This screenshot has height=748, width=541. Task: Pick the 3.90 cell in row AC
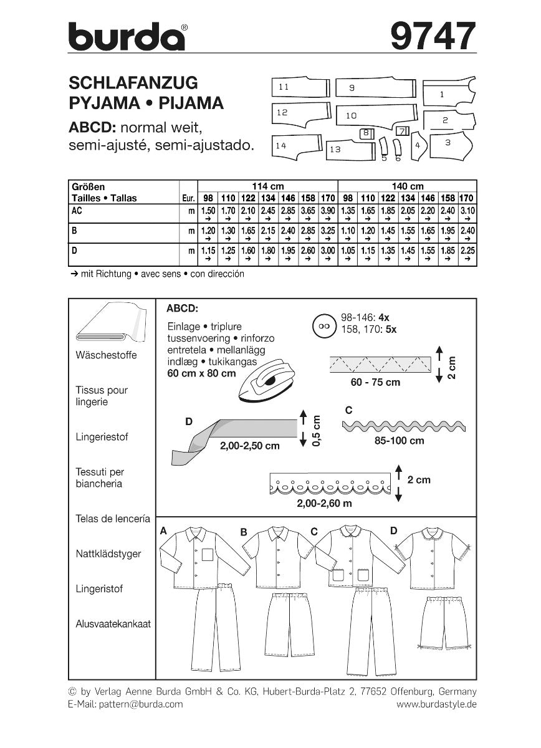(328, 211)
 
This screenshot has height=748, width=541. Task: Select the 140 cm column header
(407, 186)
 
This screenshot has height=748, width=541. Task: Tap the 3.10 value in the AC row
(467, 211)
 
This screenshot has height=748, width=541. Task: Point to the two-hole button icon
(322, 325)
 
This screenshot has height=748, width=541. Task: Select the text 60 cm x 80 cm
(202, 373)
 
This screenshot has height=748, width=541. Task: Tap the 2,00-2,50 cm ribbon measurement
(249, 446)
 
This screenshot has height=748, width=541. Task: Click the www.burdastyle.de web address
(436, 704)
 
